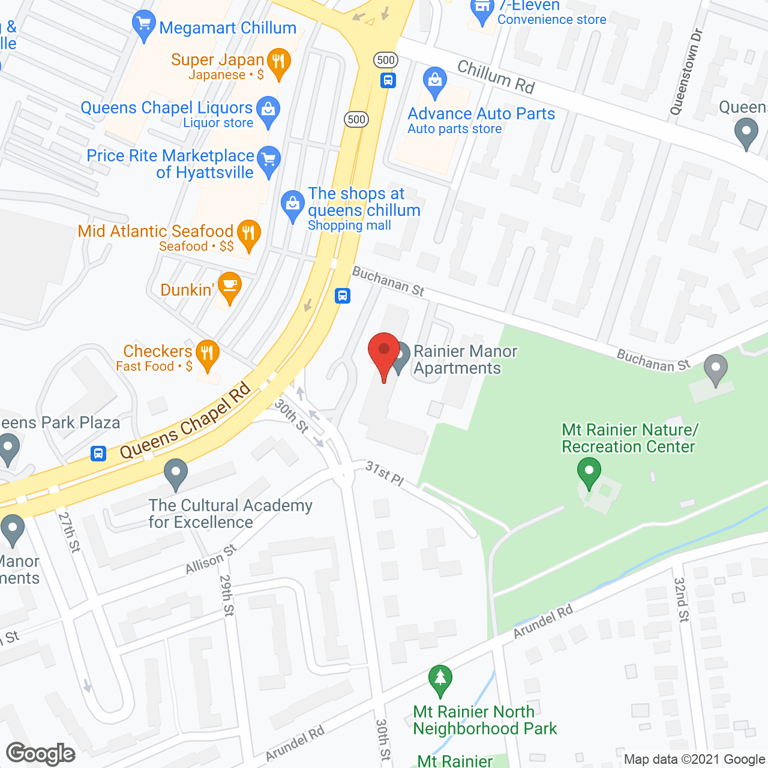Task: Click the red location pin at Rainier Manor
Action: (x=384, y=352)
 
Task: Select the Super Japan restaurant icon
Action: (x=278, y=61)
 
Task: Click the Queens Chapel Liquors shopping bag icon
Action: (x=268, y=110)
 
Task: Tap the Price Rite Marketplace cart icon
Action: (x=268, y=160)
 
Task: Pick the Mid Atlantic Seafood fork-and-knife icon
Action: (x=248, y=233)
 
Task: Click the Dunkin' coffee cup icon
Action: (x=229, y=286)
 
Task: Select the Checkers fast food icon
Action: (x=207, y=354)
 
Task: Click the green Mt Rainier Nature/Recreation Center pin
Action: (x=589, y=472)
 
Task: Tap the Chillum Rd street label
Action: (x=496, y=77)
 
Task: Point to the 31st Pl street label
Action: (x=385, y=473)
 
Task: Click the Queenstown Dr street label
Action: (x=686, y=72)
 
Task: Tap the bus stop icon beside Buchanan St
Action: (x=343, y=295)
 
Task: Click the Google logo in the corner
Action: (x=41, y=754)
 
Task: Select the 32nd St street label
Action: (x=681, y=599)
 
